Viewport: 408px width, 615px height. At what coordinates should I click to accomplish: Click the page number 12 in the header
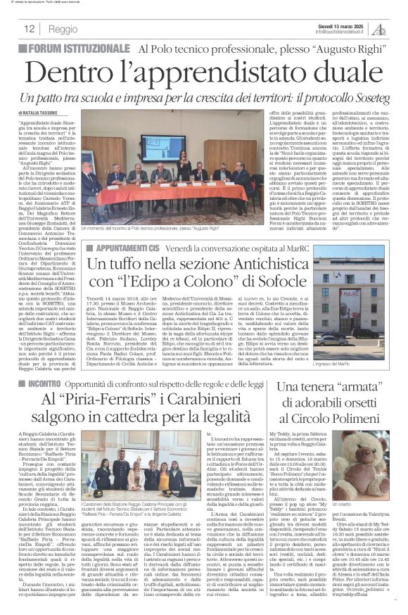click(30, 28)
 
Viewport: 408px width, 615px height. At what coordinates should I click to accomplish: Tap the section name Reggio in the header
click(63, 29)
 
